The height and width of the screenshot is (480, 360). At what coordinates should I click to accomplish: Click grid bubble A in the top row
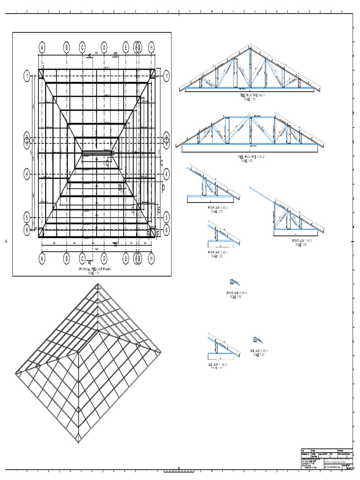42,47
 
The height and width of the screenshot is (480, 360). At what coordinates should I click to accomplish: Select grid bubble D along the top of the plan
104,47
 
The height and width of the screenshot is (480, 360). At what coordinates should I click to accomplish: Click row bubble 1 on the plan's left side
27,75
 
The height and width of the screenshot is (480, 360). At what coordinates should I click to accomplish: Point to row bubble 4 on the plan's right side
166,173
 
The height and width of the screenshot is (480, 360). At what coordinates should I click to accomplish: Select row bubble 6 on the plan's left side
27,230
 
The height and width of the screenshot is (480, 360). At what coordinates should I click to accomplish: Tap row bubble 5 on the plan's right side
166,217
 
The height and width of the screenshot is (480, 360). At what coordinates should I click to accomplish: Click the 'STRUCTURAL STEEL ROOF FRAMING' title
97,270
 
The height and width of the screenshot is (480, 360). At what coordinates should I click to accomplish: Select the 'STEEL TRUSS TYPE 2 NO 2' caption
250,158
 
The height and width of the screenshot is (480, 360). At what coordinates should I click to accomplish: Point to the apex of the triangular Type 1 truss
250,45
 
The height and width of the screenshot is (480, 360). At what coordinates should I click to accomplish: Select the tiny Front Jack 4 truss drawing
232,282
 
